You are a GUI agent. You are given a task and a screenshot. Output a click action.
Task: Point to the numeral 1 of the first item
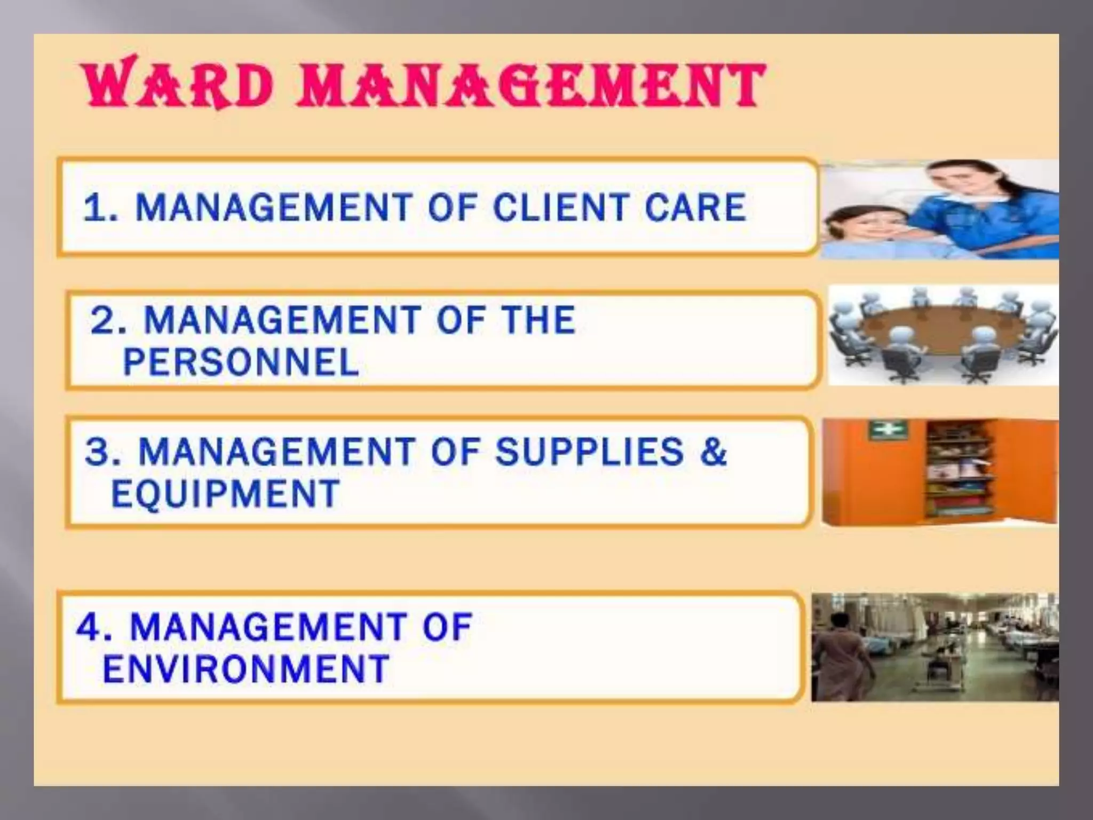[95, 208]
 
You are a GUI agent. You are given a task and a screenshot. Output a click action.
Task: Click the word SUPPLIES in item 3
[589, 451]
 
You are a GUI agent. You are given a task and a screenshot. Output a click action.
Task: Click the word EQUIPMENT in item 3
[225, 493]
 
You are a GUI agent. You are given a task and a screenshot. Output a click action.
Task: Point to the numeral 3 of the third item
[97, 452]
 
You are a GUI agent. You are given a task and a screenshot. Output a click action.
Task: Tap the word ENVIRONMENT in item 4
[245, 668]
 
